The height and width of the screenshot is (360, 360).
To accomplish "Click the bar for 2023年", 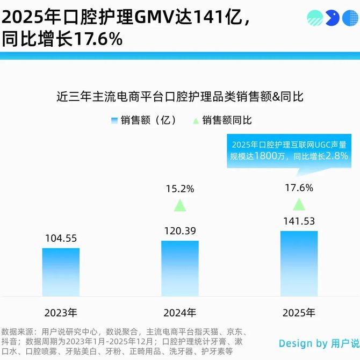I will pyautogui.click(x=61, y=272).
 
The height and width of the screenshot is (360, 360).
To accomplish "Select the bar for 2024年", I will pyautogui.click(x=180, y=268).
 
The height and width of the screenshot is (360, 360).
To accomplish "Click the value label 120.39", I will pyautogui.click(x=180, y=231).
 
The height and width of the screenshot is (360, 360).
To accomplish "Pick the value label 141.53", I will pyautogui.click(x=299, y=221).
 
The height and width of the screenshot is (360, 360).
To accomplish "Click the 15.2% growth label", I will pyautogui.click(x=180, y=189).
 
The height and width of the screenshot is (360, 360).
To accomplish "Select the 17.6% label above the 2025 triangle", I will pyautogui.click(x=299, y=188).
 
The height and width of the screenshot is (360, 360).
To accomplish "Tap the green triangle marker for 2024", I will pyautogui.click(x=180, y=205).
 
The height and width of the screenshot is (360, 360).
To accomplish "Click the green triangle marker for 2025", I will pyautogui.click(x=299, y=204).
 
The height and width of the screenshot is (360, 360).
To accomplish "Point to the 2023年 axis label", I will pyautogui.click(x=61, y=312).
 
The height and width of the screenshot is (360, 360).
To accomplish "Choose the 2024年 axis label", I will pyautogui.click(x=180, y=312).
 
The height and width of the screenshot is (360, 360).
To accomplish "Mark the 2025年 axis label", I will pyautogui.click(x=299, y=312).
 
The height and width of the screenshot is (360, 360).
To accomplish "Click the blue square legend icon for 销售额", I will pyautogui.click(x=114, y=120).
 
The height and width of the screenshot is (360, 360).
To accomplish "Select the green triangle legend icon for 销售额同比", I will pyautogui.click(x=196, y=120).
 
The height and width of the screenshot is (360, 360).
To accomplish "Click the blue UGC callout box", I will pyautogui.click(x=291, y=151).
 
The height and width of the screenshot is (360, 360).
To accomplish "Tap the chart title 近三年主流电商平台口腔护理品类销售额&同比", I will pyautogui.click(x=180, y=97).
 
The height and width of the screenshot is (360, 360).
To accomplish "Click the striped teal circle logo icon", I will pyautogui.click(x=315, y=18).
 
